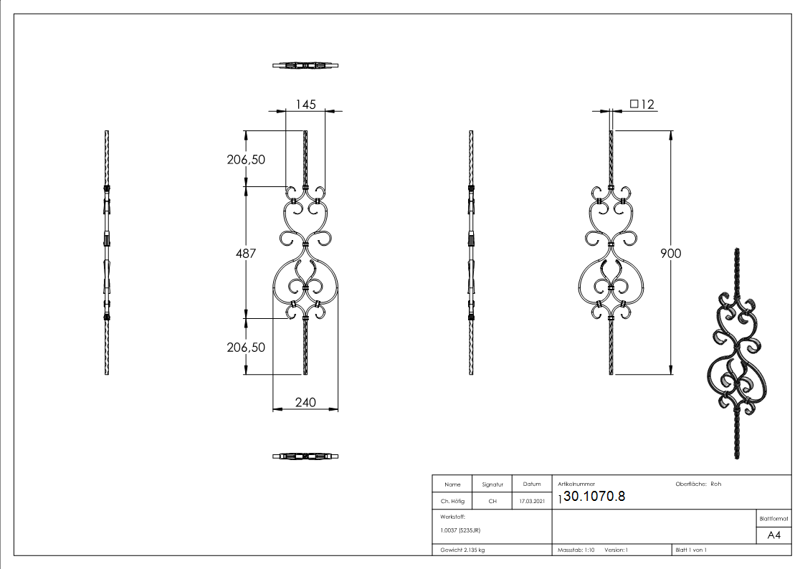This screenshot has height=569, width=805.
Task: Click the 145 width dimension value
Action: pos(305,105)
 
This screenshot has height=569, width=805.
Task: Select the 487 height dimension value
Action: pos(246,253)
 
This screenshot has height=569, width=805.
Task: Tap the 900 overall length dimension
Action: pos(671,253)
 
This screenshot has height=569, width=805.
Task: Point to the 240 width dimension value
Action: pos(305,403)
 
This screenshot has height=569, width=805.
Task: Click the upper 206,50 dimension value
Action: pos(246,159)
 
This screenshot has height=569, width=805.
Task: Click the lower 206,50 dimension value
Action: pos(246,347)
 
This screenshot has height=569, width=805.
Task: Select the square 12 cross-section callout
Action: pos(642,105)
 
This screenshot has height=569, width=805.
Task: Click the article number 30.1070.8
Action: pos(594,497)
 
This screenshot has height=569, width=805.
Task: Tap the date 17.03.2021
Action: pos(531,502)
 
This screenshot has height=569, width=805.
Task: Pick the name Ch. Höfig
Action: pos(452,502)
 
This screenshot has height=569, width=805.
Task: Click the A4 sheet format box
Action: pos(773,535)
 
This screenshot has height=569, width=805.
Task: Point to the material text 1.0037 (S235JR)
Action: pos(460,530)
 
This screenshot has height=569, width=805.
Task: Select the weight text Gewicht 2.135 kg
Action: pos(462,550)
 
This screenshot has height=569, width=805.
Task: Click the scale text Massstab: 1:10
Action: pos(576,550)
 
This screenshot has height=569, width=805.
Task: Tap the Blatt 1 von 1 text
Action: pos(691,550)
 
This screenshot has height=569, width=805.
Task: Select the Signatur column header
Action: pos(492,484)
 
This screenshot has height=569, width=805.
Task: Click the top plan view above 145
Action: pos(305,66)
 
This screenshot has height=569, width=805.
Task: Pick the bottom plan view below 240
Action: pos(305,456)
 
